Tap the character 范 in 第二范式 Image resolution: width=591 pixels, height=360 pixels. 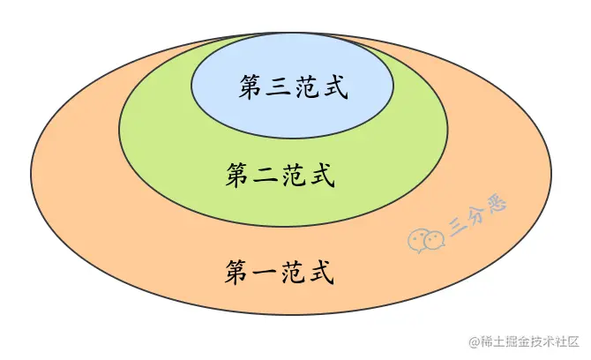pyautogui.click(x=295, y=175)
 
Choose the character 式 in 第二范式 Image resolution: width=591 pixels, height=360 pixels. pyautogui.click(x=322, y=175)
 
